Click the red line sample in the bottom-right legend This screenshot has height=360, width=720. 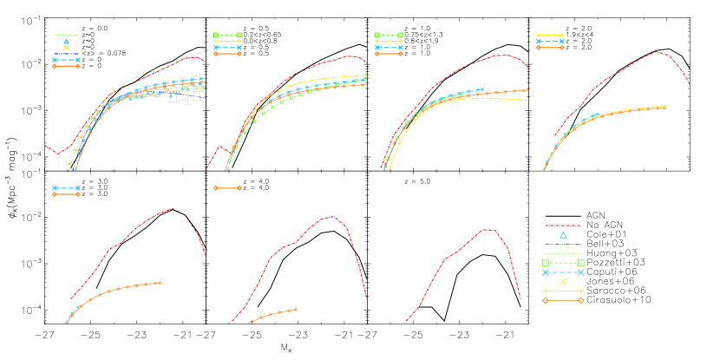[x=562, y=226]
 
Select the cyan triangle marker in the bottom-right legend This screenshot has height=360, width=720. [x=563, y=235]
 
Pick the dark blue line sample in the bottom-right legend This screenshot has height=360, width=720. [x=562, y=245]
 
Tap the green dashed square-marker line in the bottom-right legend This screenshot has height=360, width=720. [x=562, y=263]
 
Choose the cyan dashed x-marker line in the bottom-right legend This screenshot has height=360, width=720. [x=562, y=272]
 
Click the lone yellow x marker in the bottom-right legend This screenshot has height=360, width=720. [x=563, y=282]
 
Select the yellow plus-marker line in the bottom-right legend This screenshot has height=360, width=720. [x=562, y=291]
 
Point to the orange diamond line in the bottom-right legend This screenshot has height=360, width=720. [x=562, y=300]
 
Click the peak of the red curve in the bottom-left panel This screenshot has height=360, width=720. [x=173, y=208]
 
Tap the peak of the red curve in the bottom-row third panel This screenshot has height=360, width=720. [x=488, y=229]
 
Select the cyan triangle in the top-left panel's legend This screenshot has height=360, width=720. [x=66, y=41]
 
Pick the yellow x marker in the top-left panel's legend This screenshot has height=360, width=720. [x=66, y=48]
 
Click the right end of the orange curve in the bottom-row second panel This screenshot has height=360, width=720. [x=298, y=309]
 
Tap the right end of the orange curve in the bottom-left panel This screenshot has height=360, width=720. [x=161, y=282]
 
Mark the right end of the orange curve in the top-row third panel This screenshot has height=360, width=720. [x=527, y=89]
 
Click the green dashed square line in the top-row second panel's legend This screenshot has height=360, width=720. [x=227, y=35]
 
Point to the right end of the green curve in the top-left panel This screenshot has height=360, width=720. [x=205, y=52]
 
